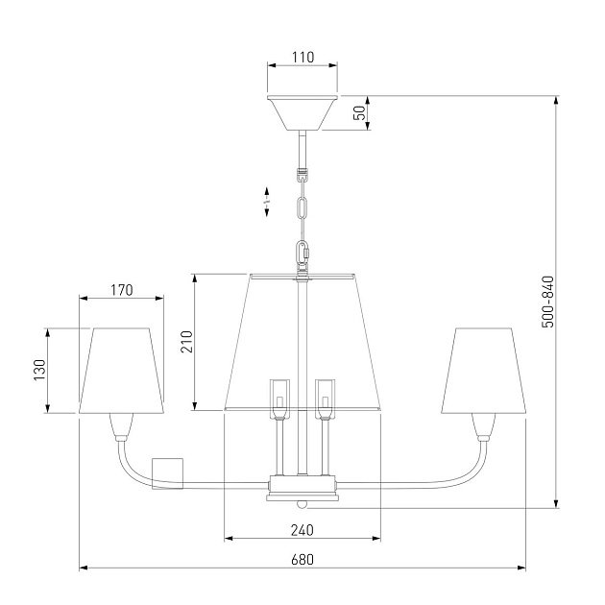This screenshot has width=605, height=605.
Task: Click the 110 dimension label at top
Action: click(302, 57)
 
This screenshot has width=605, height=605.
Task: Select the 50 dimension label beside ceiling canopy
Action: click(359, 112)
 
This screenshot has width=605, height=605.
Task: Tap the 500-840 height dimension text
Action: click(548, 302)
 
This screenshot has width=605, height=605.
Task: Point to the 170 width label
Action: click(122, 290)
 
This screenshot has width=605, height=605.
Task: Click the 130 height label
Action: click(39, 370)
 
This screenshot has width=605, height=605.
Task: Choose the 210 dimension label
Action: click(186, 342)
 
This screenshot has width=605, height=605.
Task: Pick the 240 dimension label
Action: click(302, 530)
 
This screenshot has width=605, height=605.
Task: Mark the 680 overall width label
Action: click(302, 559)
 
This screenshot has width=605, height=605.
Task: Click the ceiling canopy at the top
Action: click(302, 112)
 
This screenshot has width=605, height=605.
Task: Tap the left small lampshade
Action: click(121, 371)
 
